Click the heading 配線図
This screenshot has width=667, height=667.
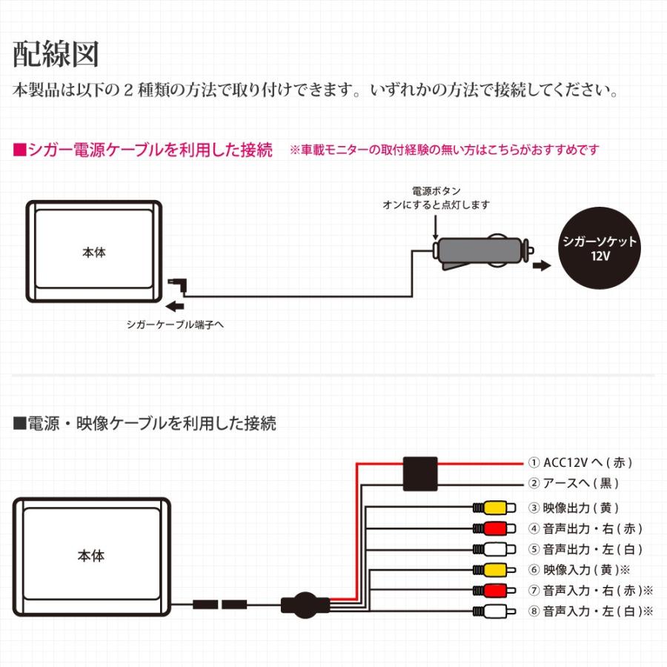(x=56, y=56)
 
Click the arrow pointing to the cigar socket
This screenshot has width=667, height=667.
(x=542, y=266)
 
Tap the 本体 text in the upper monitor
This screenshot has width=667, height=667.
(x=93, y=252)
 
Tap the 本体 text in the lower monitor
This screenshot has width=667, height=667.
(x=91, y=556)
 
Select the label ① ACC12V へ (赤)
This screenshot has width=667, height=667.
(x=580, y=462)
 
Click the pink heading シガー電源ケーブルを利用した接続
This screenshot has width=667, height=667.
(x=143, y=150)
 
